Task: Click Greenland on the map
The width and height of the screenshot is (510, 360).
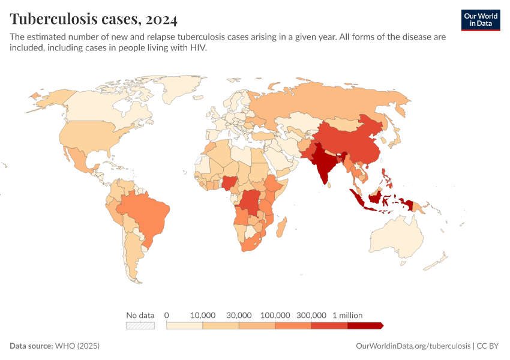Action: [183, 90]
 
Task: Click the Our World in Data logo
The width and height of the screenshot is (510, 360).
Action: [480, 20]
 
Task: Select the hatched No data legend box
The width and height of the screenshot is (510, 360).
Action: [140, 326]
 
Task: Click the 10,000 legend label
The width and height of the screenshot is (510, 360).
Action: [203, 315]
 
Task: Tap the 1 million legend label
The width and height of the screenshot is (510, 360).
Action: [348, 315]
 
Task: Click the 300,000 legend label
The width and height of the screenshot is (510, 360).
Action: [311, 315]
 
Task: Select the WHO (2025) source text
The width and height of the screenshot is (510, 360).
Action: [77, 346]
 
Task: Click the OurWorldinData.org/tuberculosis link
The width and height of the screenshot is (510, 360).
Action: [413, 346]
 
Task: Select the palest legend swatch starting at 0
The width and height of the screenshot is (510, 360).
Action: [185, 326]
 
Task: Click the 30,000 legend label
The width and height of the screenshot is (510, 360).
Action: [239, 315]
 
